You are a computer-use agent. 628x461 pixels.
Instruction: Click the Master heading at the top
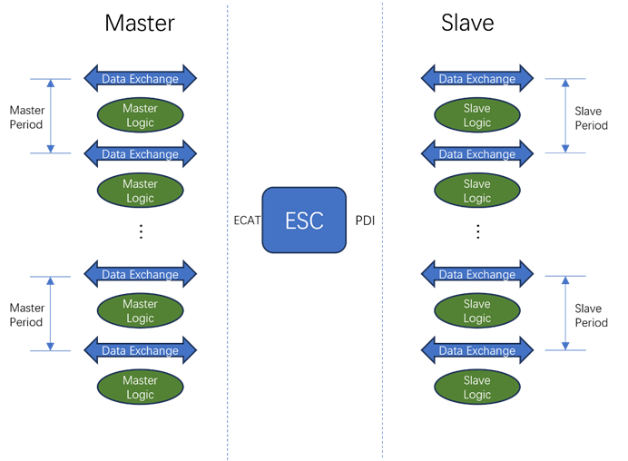pos(140,23)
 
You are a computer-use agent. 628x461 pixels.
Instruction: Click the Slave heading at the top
pos(467,23)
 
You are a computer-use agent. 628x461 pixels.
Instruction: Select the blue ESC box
pos(304,221)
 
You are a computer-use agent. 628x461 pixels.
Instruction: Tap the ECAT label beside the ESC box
pos(247,221)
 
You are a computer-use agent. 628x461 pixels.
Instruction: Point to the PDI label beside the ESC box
pos(364,221)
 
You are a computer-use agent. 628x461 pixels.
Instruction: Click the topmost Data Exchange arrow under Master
pos(140,79)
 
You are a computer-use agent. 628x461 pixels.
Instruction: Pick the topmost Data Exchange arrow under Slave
pos(476,79)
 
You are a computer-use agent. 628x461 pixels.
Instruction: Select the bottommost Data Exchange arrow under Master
pos(140,350)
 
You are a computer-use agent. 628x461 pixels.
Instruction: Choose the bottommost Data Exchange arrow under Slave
pos(476,350)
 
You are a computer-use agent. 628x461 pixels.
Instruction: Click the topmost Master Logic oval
pos(140,115)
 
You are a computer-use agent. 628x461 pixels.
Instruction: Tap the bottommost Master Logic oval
pos(140,387)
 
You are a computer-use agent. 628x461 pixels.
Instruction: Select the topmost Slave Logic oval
pos(476,115)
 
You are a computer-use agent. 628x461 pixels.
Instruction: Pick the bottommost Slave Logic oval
pos(476,387)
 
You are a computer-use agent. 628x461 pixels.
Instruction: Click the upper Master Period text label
pos(26,117)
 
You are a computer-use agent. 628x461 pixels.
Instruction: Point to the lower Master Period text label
pos(26,315)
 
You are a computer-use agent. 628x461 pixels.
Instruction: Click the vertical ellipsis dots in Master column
pos(141,231)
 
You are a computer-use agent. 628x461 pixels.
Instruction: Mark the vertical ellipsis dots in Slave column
pos(477,231)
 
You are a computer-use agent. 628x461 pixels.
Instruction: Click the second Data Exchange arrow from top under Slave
pos(476,154)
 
